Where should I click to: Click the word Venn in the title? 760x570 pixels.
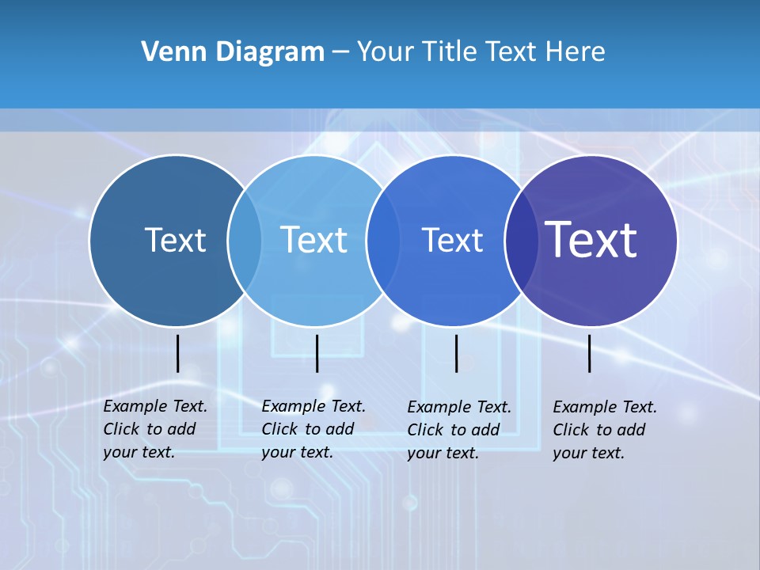[168, 52]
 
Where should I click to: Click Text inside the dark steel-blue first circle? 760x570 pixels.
[175, 240]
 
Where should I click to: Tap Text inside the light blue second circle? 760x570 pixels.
[313, 240]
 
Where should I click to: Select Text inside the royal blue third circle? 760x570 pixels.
[452, 240]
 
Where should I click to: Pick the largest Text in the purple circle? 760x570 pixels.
[591, 240]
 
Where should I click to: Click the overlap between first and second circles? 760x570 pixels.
[245, 241]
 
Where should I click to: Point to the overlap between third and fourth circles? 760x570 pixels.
[521, 241]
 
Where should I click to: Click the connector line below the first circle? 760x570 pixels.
[178, 353]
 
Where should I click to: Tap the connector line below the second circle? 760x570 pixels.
[317, 353]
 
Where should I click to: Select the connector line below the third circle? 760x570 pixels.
[456, 353]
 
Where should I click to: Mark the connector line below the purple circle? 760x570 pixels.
[590, 353]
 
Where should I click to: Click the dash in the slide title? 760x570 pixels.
[340, 53]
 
